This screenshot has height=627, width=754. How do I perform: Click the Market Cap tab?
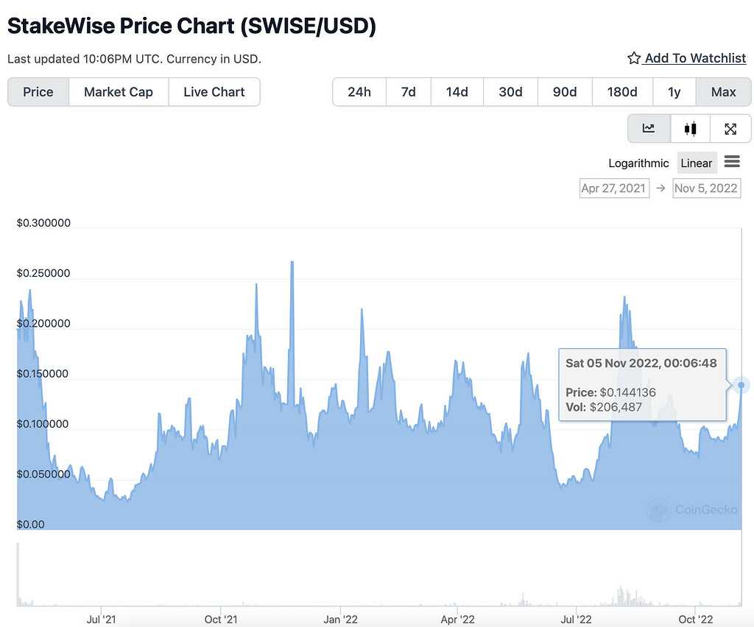tap(119, 92)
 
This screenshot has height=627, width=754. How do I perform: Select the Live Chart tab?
tap(214, 92)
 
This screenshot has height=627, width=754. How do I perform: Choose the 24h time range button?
tap(359, 92)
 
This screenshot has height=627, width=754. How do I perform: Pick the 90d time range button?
tap(565, 92)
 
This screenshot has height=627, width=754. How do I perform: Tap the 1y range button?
tap(674, 92)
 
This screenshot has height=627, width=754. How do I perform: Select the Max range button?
tap(723, 92)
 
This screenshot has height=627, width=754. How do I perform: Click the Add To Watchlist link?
tap(686, 58)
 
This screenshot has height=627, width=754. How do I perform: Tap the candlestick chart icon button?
tap(690, 129)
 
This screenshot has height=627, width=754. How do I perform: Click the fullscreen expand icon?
tap(730, 129)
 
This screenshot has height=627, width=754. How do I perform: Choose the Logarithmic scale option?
tap(638, 163)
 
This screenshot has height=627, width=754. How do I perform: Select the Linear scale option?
tap(697, 163)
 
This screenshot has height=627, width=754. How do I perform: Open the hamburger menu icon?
tap(732, 162)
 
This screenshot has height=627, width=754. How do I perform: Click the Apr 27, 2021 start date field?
tap(613, 188)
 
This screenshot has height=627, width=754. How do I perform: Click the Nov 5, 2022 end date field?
tap(706, 188)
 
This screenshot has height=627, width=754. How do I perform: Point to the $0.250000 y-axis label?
tap(43, 273)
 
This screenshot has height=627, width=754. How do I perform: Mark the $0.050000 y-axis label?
tap(43, 474)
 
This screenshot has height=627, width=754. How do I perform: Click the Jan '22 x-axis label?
tap(340, 619)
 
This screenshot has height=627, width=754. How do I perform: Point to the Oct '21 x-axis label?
tap(220, 619)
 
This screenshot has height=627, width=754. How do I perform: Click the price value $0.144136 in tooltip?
tap(627, 392)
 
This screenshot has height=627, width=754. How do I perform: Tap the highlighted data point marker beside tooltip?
tap(741, 385)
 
